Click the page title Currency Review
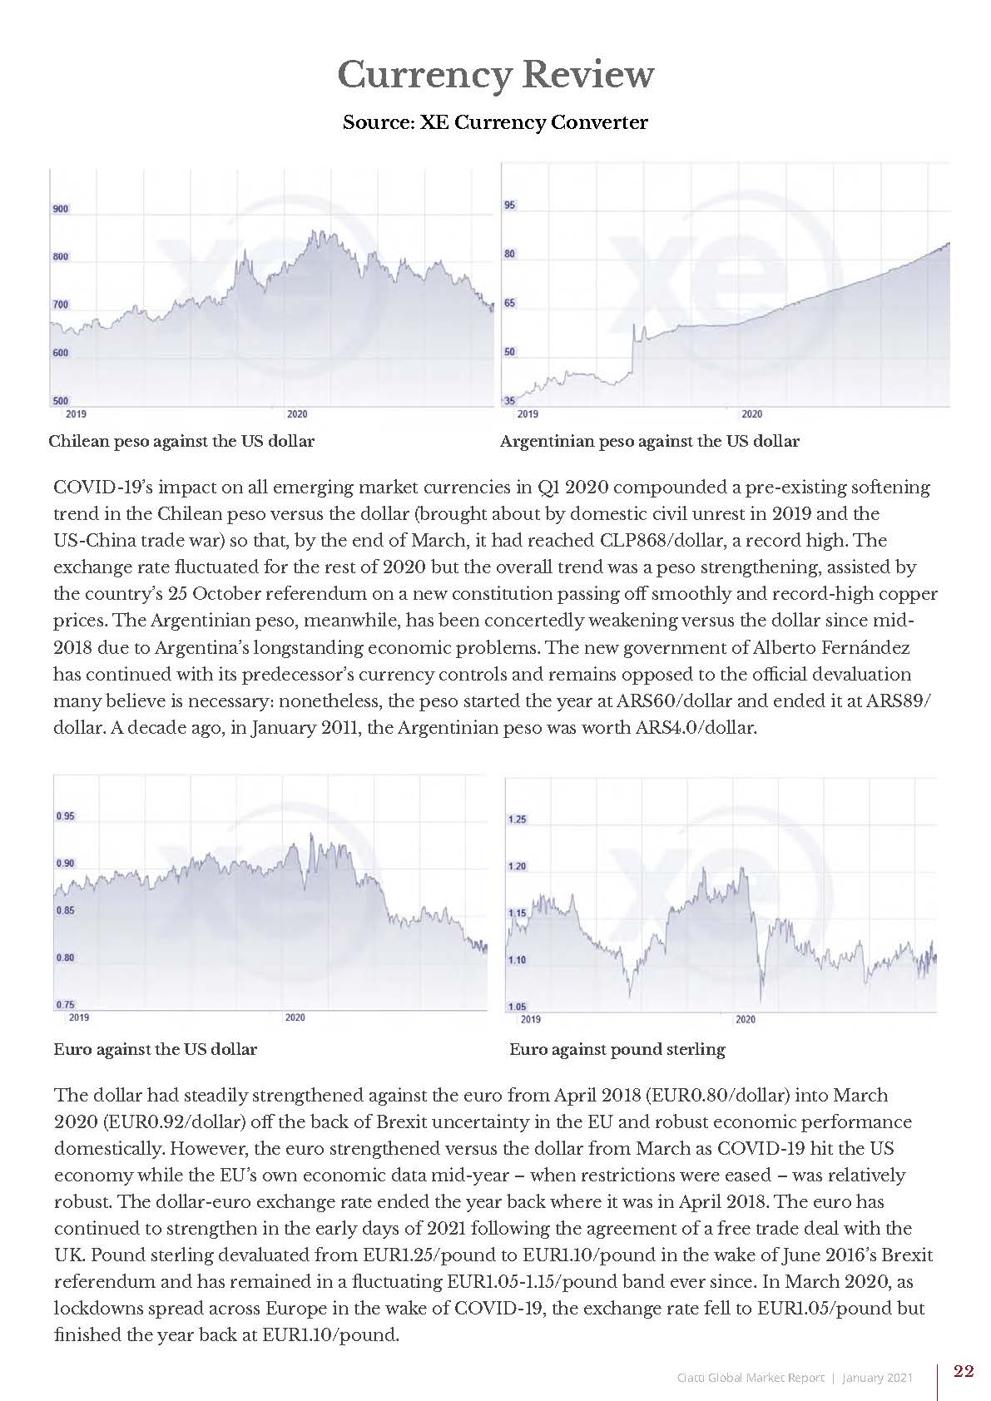[x=495, y=75]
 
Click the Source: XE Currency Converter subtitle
[x=495, y=123]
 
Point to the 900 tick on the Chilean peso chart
[x=61, y=209]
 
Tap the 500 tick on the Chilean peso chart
[x=61, y=401]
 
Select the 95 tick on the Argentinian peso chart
[x=510, y=205]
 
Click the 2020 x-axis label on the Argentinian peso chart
[x=751, y=413]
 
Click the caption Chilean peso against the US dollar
[x=181, y=442]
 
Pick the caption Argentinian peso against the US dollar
[x=649, y=442]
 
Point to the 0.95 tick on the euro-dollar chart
[x=65, y=816]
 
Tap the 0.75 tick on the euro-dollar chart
[x=65, y=1005]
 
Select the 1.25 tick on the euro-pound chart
[x=517, y=819]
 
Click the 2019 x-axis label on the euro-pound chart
[x=530, y=1019]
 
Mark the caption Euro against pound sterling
[x=617, y=1050]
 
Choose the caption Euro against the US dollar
[x=155, y=1050]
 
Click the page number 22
[x=964, y=1372]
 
